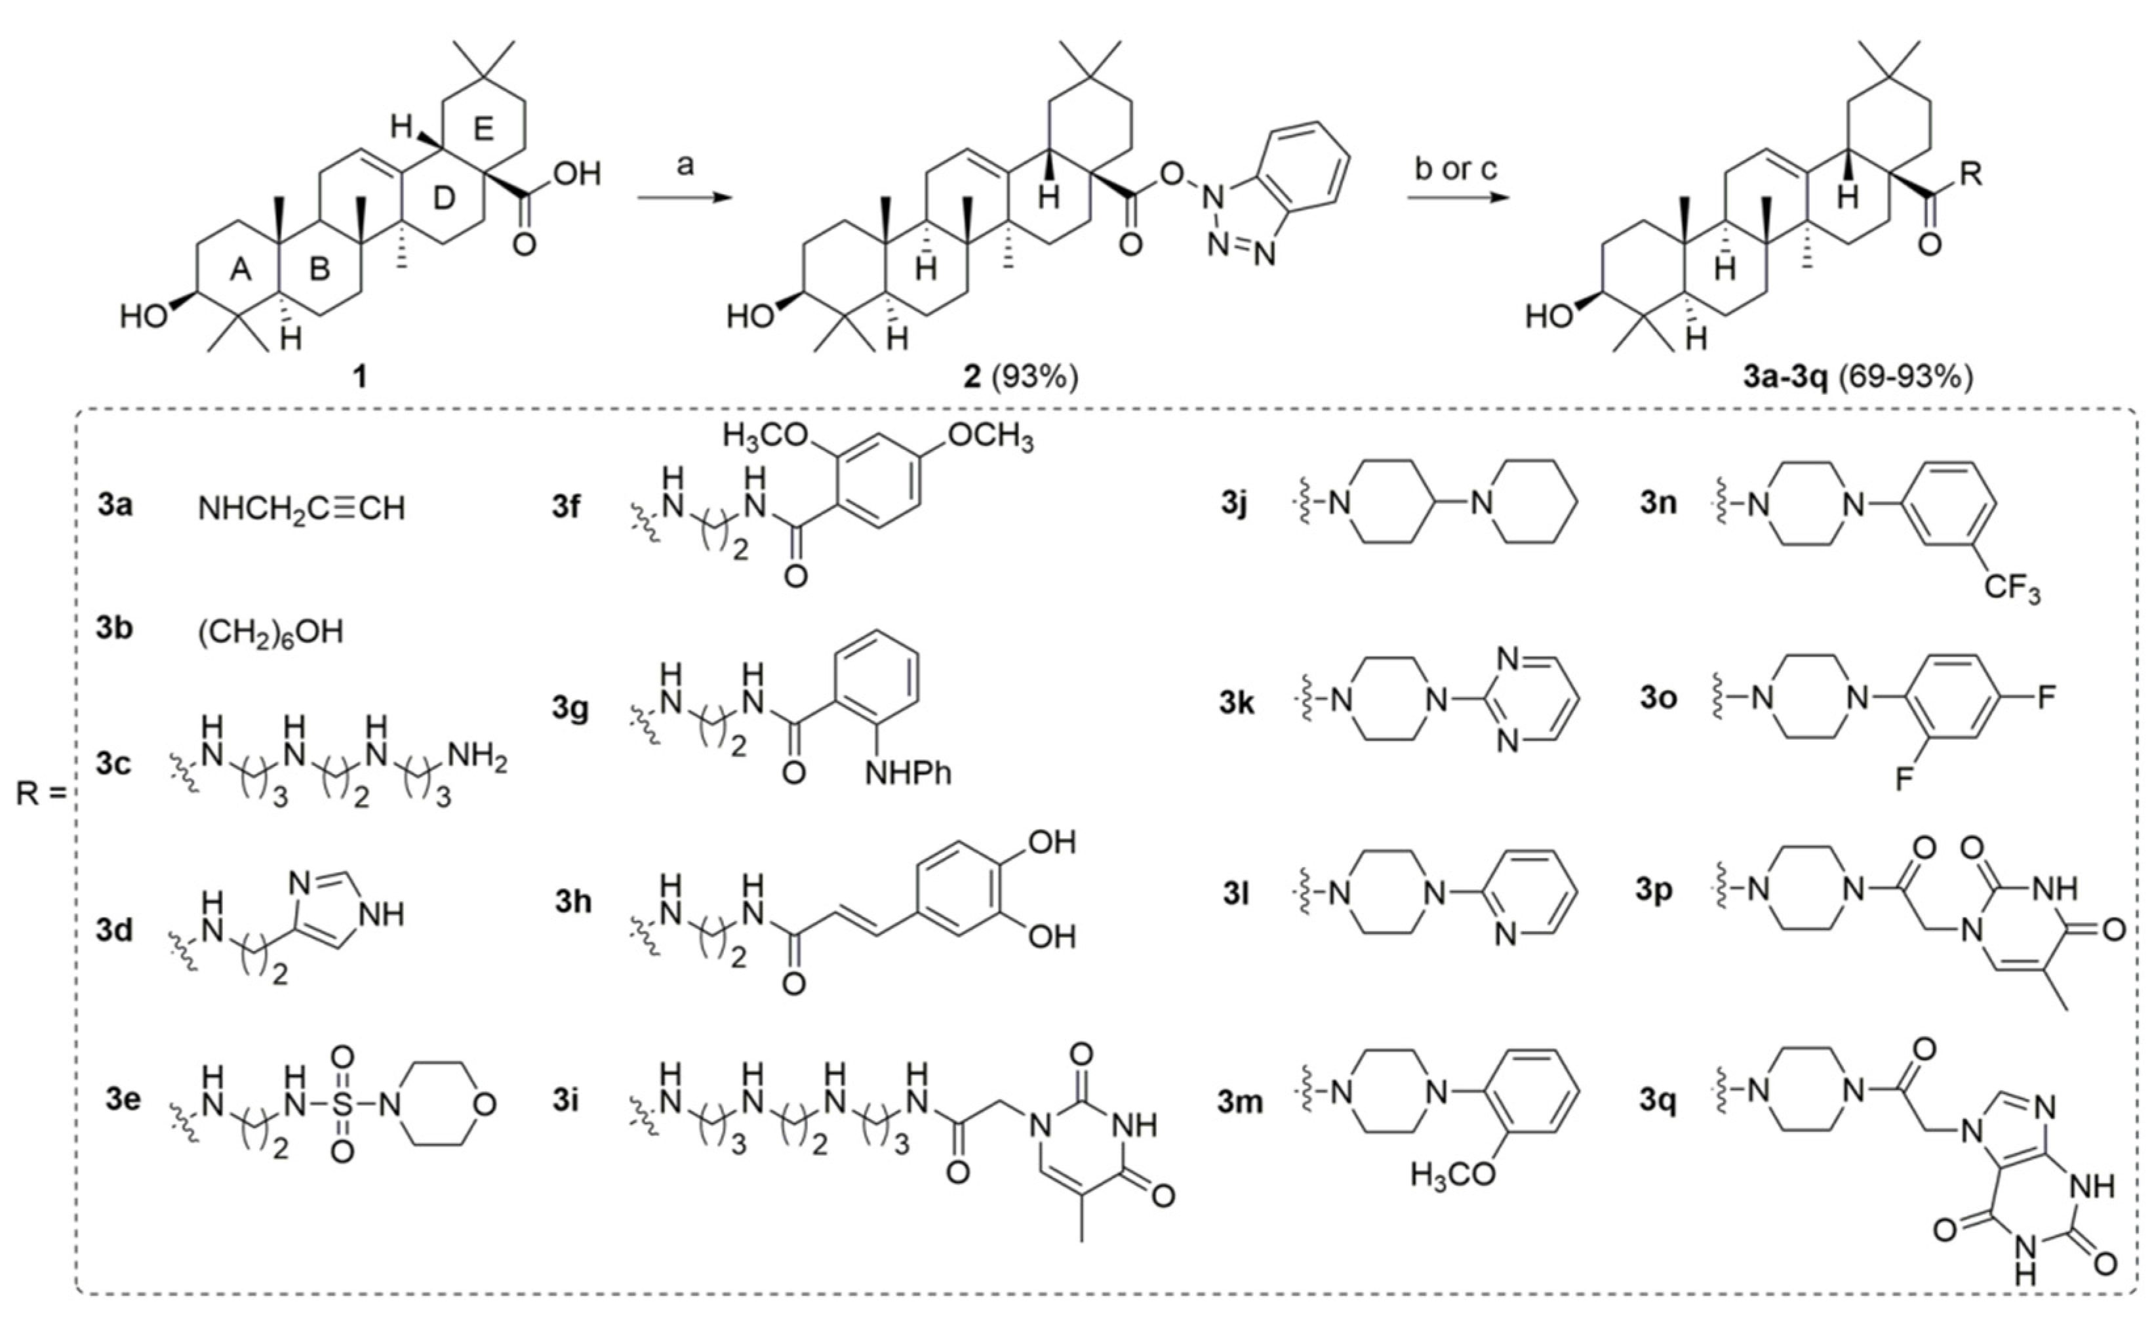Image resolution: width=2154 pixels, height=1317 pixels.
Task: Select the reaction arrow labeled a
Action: [685, 197]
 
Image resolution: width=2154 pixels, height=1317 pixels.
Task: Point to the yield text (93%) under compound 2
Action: [1034, 377]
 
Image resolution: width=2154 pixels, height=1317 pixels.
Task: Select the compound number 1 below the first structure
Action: [359, 377]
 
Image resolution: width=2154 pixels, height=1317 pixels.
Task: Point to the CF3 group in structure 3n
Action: [2012, 588]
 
